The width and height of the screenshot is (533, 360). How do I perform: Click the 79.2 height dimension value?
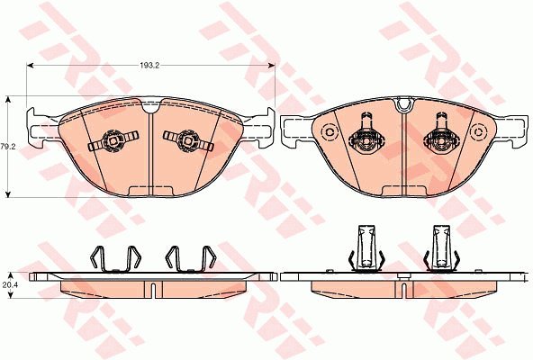(6, 147)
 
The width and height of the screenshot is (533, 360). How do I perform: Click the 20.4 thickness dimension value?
(8, 285)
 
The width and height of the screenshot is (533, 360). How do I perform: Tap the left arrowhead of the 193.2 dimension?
(30, 66)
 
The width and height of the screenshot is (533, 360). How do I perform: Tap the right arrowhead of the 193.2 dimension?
(271, 66)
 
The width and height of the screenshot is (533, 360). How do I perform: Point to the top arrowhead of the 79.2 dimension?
(8, 99)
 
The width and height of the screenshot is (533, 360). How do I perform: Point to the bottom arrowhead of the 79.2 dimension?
(8, 194)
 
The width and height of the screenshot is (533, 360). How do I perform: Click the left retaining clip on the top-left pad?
(113, 140)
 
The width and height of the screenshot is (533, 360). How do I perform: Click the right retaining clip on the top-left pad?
(188, 140)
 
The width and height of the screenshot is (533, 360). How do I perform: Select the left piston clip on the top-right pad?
(366, 135)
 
